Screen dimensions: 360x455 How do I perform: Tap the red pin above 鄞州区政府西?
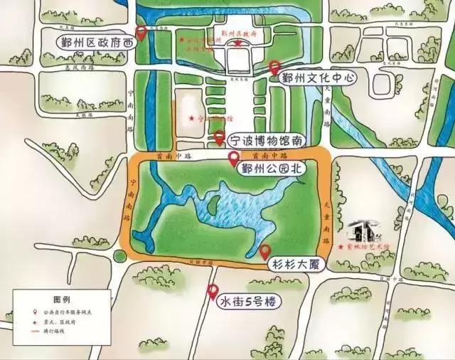pos(141,32)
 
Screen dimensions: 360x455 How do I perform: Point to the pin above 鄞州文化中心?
pos(275,67)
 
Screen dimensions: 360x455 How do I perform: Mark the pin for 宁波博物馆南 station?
pos(220,136)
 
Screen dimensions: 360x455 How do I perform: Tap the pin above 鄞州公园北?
pos(232,159)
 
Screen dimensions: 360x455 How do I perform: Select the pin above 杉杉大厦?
pos(265,250)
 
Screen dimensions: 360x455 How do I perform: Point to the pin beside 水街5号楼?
pos(212,290)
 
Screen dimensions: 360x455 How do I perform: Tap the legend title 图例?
pos(63,300)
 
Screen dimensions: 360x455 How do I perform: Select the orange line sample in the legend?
pos(36,331)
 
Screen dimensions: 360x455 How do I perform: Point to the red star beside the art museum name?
pos(341,247)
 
